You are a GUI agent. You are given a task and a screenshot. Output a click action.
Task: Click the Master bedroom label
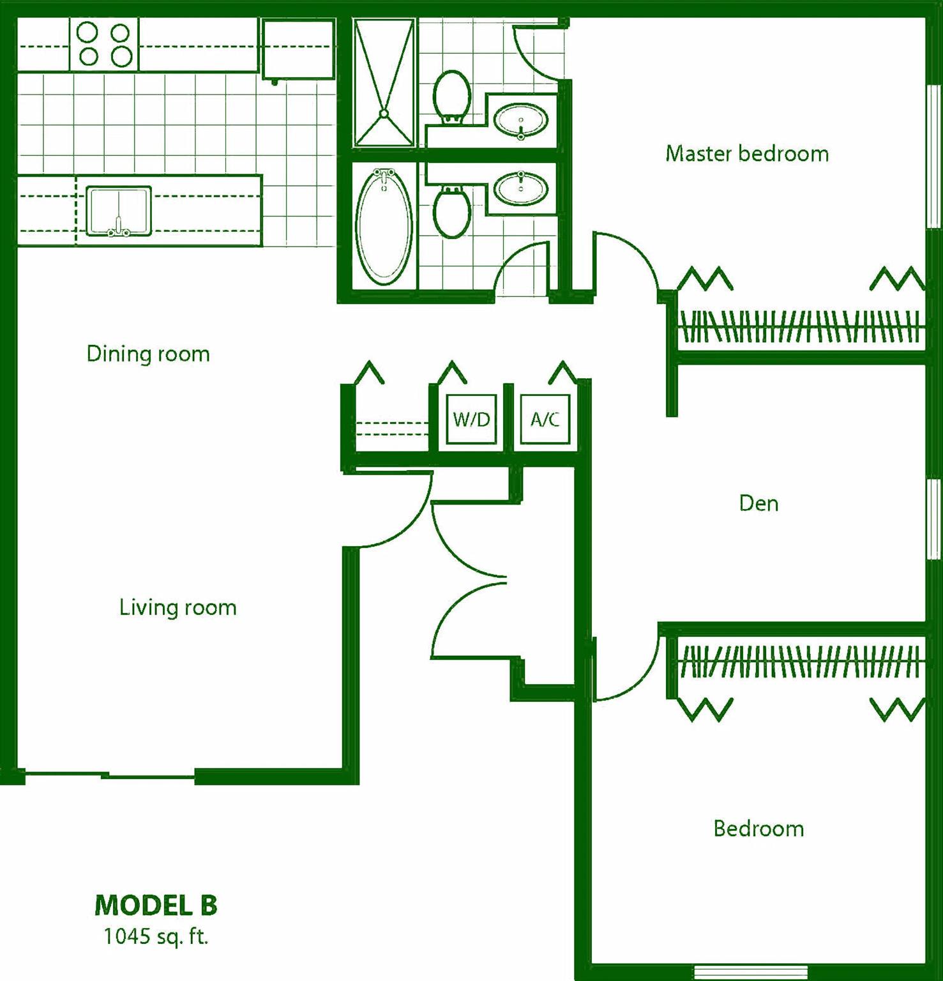point(747,154)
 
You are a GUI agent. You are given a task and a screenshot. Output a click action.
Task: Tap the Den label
point(758,503)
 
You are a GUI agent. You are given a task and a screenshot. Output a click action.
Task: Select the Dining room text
point(148,354)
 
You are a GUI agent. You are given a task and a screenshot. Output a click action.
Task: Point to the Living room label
point(178,607)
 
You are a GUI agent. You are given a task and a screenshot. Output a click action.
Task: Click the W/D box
point(471,419)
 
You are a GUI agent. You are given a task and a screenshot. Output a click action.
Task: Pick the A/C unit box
point(545,419)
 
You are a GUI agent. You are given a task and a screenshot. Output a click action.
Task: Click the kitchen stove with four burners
point(104,45)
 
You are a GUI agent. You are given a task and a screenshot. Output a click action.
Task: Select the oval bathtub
point(384,228)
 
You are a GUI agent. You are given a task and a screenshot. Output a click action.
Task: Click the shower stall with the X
point(384,83)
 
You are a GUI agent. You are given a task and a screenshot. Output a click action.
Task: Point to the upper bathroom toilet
point(452,96)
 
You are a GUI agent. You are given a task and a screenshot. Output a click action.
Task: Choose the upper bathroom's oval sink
point(521,120)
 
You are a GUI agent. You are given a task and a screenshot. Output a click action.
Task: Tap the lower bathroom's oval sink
point(521,188)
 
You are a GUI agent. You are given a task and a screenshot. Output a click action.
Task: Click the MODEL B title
point(156,905)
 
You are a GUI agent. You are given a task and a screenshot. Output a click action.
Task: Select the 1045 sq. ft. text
point(156,936)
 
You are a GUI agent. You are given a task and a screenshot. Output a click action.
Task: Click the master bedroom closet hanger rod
point(799,327)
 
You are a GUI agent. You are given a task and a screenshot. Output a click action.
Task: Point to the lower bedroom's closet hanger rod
point(799,661)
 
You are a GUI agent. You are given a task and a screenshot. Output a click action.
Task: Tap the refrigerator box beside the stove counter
point(298,49)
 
